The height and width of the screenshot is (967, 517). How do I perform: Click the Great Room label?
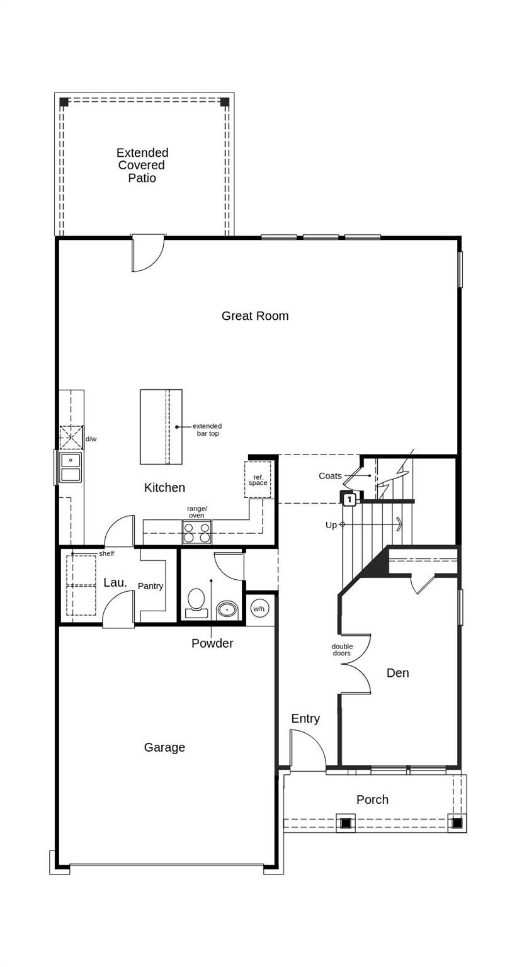[x=254, y=316]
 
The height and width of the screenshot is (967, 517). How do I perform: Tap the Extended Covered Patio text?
[x=142, y=165]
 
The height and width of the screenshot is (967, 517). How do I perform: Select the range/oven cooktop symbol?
[x=196, y=532]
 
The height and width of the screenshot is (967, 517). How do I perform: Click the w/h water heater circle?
[x=259, y=609]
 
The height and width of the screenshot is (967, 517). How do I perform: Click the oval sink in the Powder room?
[x=227, y=609]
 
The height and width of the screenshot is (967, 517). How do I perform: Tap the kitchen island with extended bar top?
[x=161, y=427]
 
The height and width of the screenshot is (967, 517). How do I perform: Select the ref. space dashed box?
[x=258, y=480]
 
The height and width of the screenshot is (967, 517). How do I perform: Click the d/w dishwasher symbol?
[x=71, y=438]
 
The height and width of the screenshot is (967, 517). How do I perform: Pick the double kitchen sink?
[x=71, y=467]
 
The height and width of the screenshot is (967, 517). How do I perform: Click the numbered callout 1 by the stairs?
[x=349, y=500]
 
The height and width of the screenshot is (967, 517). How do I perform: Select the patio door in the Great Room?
[x=147, y=253]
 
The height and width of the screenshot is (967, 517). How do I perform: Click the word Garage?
[x=164, y=747]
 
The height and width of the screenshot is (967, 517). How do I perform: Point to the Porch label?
[x=372, y=800]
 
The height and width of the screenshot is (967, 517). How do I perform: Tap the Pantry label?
[x=151, y=586]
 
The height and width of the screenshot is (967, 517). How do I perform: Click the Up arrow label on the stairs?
[x=331, y=525]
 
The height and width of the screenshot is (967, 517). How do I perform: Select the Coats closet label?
[x=330, y=476]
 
